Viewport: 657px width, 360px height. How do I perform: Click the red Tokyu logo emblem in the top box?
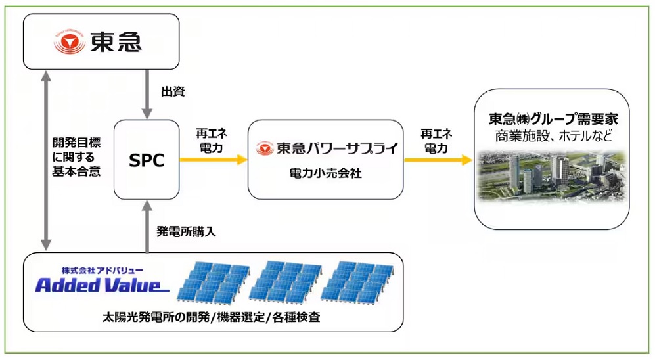click(x=66, y=43)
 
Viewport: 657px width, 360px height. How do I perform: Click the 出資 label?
click(x=173, y=92)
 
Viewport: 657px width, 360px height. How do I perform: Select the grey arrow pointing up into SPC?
click(x=146, y=226)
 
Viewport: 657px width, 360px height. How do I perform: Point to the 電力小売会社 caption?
click(x=325, y=174)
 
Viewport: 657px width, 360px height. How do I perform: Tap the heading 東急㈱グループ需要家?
click(x=553, y=120)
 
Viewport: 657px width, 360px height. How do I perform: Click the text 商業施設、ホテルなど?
click(x=553, y=137)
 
